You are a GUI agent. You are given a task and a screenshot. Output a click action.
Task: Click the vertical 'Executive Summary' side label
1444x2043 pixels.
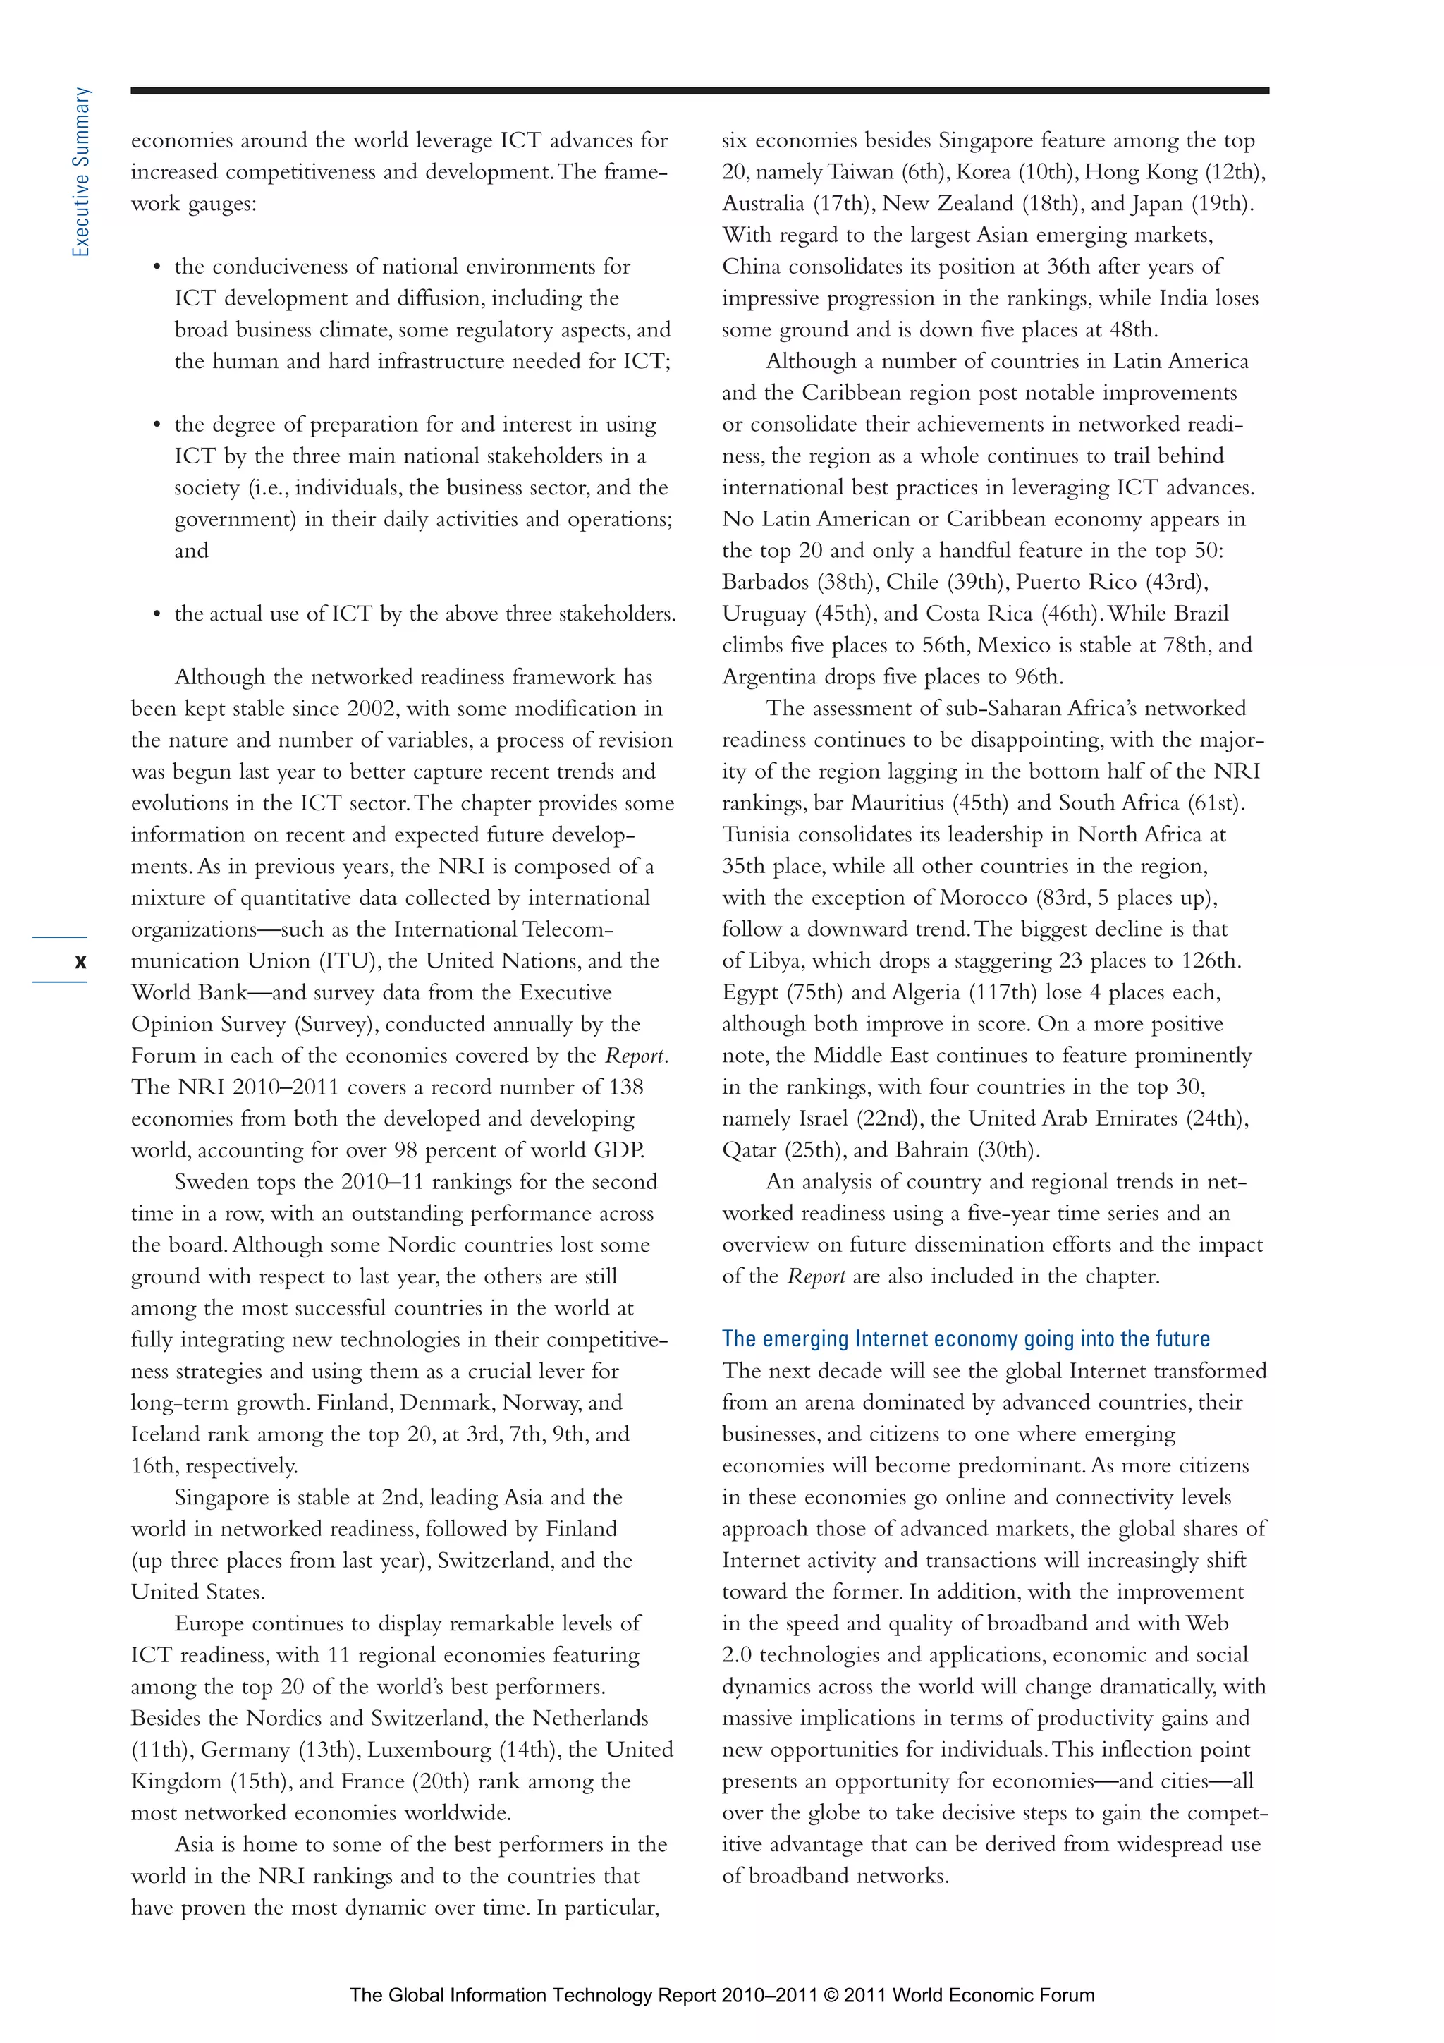coord(81,173)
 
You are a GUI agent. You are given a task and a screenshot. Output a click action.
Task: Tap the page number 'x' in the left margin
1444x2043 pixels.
coord(81,961)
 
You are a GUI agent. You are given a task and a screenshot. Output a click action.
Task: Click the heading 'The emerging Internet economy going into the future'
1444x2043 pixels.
coord(965,1338)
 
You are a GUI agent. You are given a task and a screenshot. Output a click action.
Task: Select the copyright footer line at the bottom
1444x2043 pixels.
coord(721,1994)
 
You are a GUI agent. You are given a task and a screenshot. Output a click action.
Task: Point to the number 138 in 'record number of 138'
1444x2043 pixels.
coord(625,1087)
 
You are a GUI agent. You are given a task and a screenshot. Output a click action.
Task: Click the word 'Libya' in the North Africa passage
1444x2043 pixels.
coord(773,961)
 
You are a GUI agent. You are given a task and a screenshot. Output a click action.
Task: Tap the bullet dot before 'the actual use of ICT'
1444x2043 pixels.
coord(157,614)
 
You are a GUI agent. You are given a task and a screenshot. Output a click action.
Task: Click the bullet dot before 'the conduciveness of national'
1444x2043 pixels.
coord(157,267)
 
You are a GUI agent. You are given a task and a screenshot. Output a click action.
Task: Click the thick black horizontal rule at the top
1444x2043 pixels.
coord(699,91)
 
